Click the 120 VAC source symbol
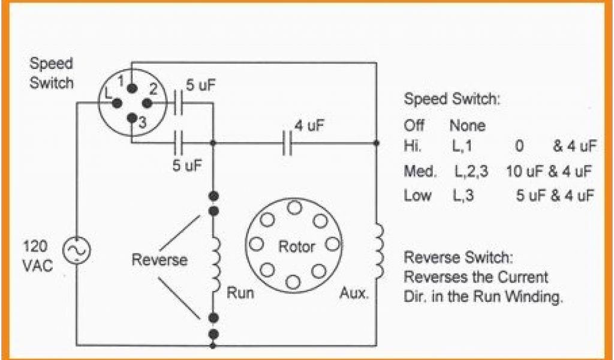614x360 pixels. click(x=77, y=251)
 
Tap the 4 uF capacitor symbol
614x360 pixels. click(x=287, y=143)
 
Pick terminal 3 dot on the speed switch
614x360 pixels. click(x=131, y=118)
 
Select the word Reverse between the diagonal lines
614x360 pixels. click(x=159, y=260)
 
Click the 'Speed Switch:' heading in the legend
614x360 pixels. click(x=452, y=99)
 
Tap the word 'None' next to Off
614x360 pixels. click(x=467, y=127)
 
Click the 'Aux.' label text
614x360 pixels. click(x=354, y=294)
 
